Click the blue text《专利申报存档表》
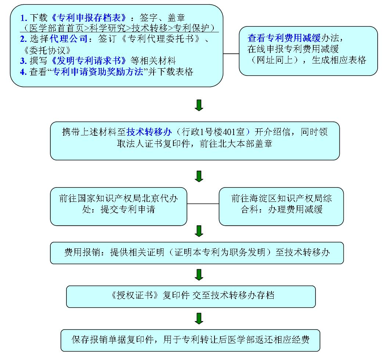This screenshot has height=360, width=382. (89, 18)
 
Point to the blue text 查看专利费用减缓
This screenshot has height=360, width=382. (284, 38)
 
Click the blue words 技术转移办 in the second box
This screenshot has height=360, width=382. (149, 132)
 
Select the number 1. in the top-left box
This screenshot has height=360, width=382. (24, 18)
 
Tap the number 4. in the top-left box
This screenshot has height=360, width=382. (24, 72)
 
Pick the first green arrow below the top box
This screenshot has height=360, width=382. (199, 105)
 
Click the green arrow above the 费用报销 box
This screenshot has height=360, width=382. (199, 231)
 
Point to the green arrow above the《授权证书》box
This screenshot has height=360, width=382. (199, 275)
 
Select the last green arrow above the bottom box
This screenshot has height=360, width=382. (199, 319)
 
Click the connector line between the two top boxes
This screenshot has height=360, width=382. (231, 54)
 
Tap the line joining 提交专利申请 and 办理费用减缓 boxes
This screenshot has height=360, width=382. (203, 204)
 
